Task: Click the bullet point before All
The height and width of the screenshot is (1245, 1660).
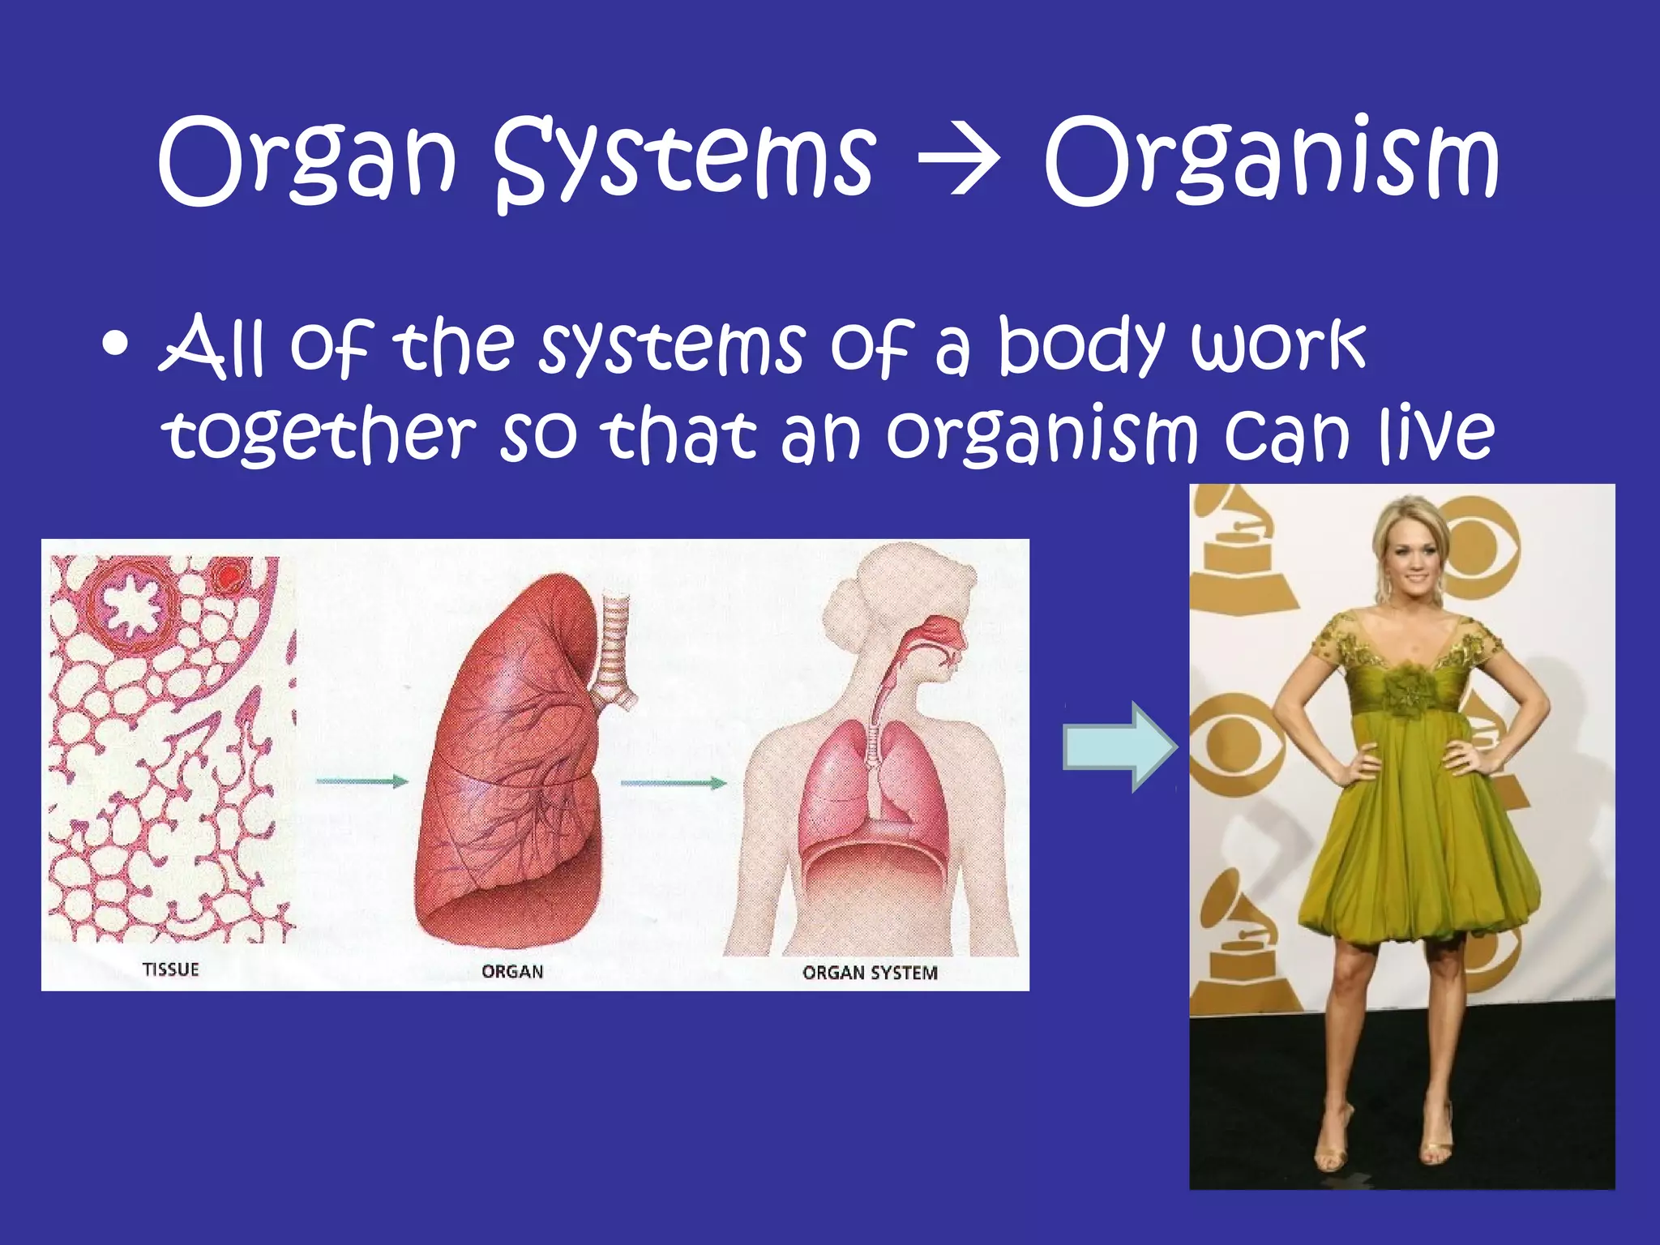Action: pos(116,344)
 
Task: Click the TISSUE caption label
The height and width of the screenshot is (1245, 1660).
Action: pos(170,969)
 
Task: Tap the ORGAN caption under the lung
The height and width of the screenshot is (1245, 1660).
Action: pos(511,971)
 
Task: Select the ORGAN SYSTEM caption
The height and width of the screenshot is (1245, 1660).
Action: pos(870,972)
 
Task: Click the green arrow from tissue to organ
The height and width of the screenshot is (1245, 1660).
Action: pos(362,781)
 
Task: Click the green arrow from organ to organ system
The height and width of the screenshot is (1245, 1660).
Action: pos(673,783)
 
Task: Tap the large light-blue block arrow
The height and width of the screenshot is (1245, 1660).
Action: pos(1119,746)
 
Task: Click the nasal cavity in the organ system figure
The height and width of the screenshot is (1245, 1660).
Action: pos(940,631)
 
